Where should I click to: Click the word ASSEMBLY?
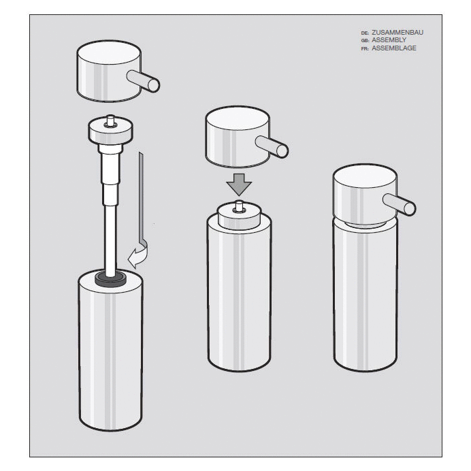[x=389, y=40]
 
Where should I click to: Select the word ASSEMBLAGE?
[x=394, y=48]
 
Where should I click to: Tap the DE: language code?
[x=365, y=33]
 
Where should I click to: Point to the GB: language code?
[x=365, y=41]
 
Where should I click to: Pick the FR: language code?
[x=365, y=49]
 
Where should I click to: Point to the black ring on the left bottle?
[x=110, y=277]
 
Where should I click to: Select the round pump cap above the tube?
[x=110, y=129]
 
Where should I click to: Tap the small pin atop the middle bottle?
[x=238, y=206]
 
